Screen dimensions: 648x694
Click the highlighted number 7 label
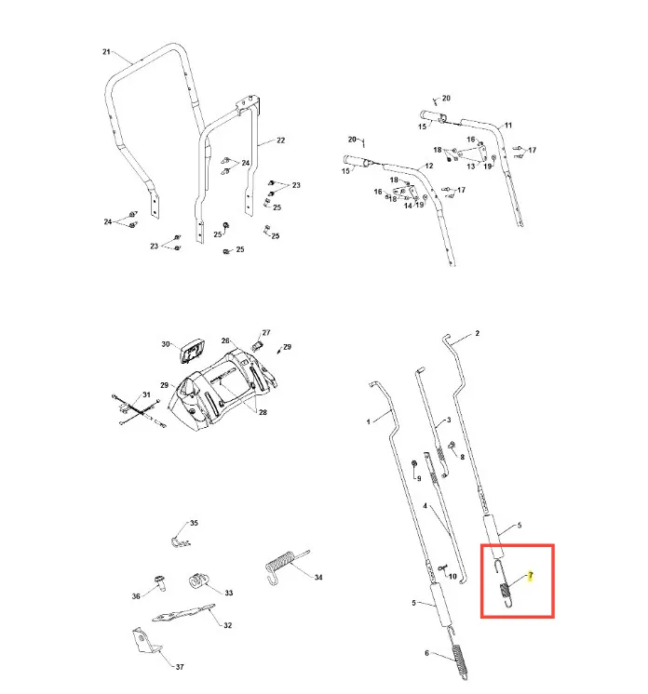530,576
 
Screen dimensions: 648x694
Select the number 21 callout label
106,52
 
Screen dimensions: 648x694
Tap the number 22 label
281,140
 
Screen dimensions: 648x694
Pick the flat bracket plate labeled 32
183,613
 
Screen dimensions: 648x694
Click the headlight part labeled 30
191,352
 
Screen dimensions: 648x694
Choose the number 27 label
266,332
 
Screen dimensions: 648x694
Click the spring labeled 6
458,661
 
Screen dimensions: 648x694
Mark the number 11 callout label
508,126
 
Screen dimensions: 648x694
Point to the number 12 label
429,166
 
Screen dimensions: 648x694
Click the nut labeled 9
414,463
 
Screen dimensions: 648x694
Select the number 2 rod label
477,333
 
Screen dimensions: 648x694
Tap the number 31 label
146,394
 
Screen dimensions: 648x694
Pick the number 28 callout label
263,412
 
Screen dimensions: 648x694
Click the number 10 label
452,576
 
